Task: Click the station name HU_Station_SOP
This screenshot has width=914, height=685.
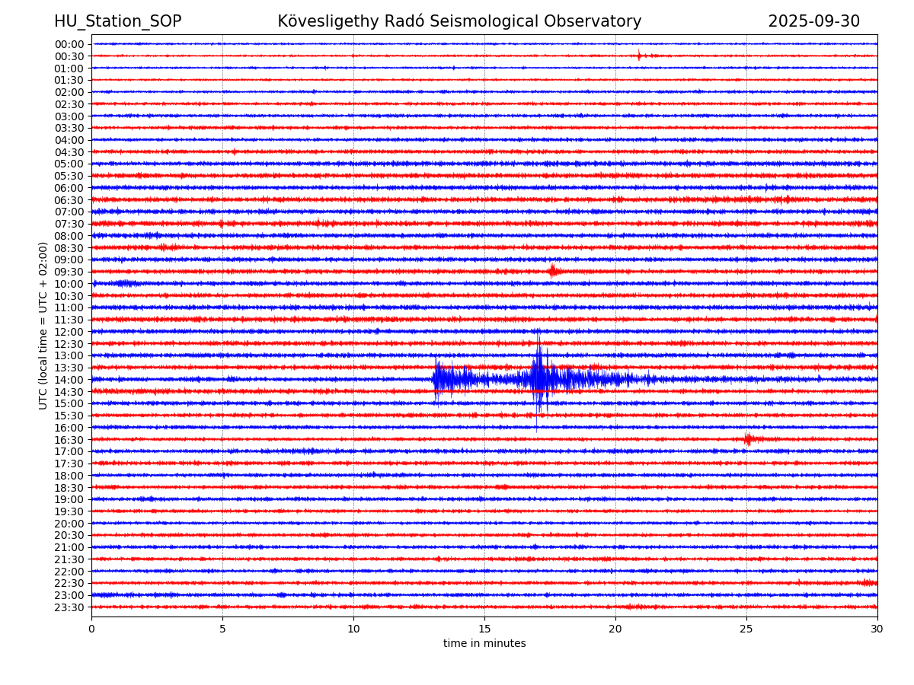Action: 117,21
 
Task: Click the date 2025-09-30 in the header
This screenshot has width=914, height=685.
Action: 813,21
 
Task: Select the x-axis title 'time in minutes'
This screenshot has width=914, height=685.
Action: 484,644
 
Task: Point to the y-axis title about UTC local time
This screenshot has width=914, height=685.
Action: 43,326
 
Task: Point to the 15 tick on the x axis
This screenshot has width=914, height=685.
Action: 484,629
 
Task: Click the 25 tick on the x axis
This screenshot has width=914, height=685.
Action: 746,629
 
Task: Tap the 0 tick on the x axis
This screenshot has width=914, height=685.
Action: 91,629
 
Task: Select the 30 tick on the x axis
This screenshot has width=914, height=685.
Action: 877,629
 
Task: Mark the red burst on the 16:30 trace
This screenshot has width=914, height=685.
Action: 748,439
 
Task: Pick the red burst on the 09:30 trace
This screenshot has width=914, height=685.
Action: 553,271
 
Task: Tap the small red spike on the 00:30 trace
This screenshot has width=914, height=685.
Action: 639,55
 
